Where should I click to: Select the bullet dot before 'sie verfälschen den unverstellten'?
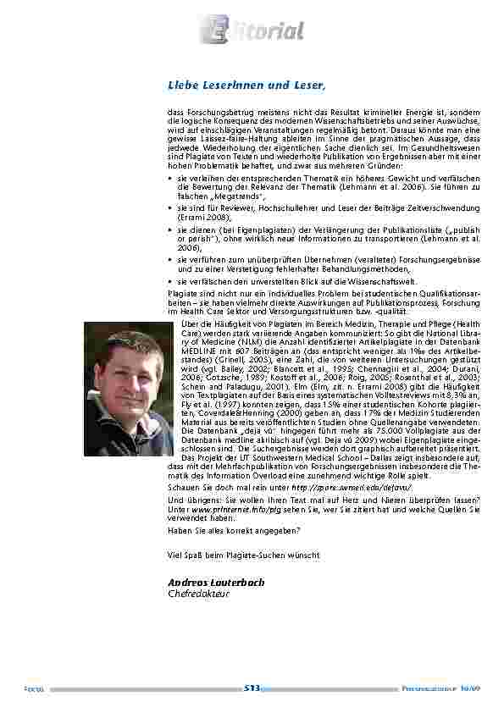tap(172, 281)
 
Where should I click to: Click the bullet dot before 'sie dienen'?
tap(172, 229)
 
